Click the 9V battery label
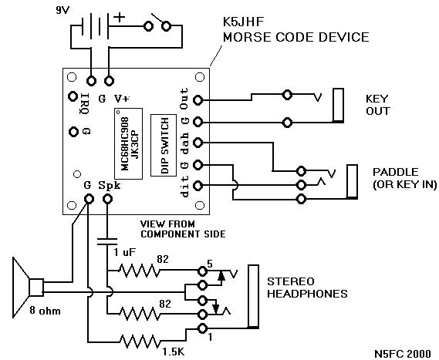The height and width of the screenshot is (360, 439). pos(62,10)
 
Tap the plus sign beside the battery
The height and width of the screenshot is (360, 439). pos(120,18)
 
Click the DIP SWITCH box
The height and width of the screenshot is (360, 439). pos(164,145)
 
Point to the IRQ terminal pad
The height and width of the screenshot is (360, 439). pos(73,96)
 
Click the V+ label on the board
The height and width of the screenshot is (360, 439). pos(122,99)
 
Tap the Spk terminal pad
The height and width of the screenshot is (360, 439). pos(107,199)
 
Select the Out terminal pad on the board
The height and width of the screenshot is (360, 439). pos(198,100)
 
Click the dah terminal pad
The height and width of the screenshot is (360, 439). pos(198,143)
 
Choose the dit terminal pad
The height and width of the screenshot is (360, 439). pos(198,186)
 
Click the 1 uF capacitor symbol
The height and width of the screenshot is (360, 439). pos(107,242)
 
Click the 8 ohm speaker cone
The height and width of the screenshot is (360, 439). pos(21,288)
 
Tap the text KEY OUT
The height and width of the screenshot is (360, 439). pos(377,105)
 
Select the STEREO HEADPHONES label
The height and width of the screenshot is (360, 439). pos(307,288)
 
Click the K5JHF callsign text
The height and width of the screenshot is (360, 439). pos(243,22)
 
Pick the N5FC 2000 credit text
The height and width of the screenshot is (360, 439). pos(403,353)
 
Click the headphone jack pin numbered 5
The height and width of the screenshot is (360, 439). pos(202,271)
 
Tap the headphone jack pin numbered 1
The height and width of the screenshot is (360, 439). pos(202,328)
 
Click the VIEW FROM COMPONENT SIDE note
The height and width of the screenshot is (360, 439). pos(183,229)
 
